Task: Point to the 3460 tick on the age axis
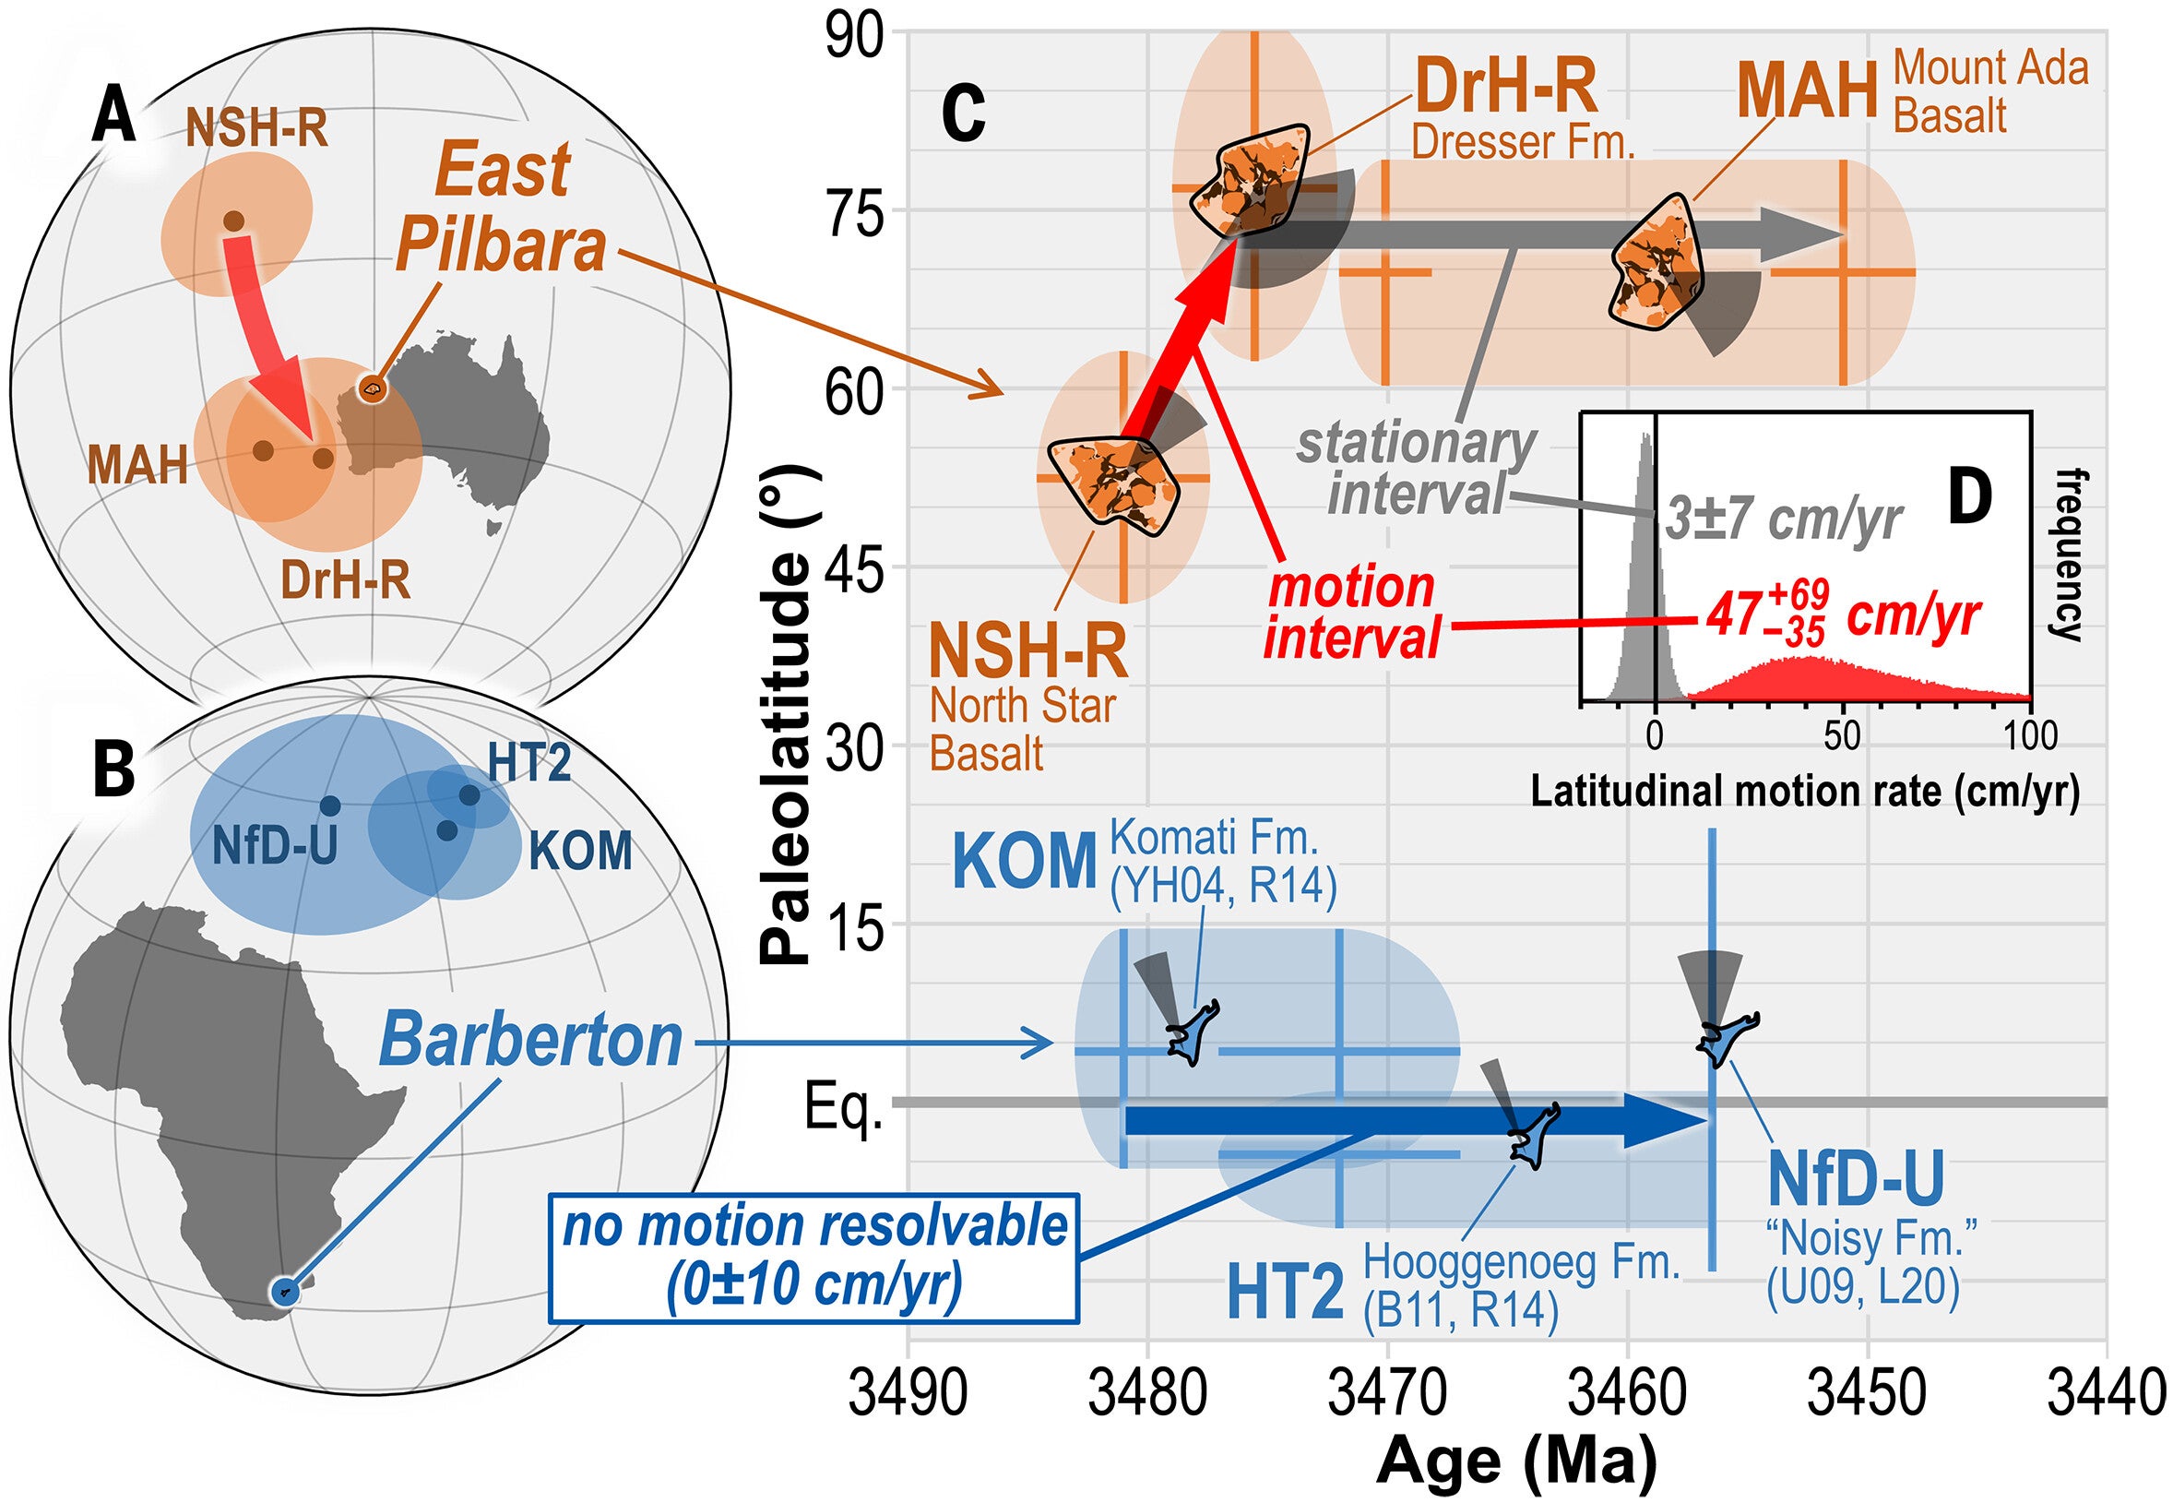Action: [1628, 1395]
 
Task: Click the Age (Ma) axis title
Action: [1515, 1462]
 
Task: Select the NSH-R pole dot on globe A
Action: [233, 221]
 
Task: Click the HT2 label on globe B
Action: [529, 763]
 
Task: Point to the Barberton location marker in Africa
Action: [284, 1291]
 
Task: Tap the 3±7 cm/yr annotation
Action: [1783, 519]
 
